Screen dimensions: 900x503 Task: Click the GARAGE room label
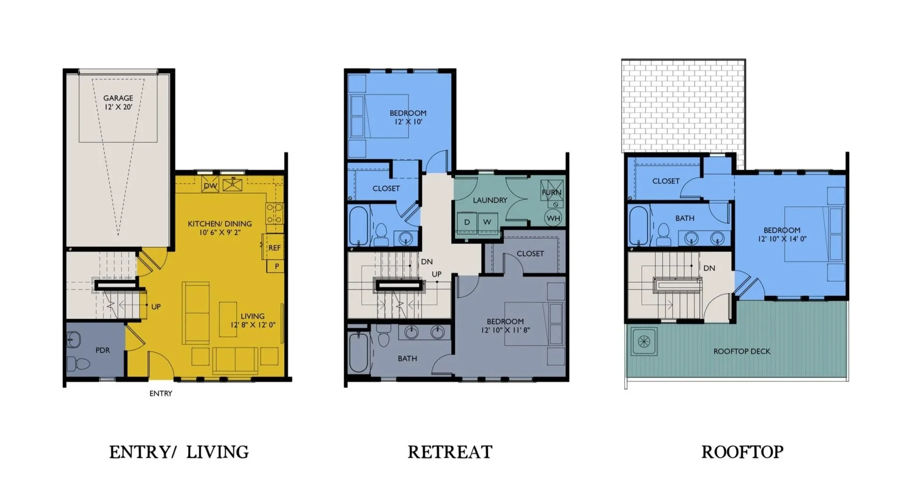[118, 98]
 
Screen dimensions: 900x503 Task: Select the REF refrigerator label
[274, 247]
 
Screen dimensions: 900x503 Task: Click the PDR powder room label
[102, 350]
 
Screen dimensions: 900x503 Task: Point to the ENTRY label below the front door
[161, 393]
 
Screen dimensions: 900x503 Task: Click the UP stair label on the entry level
[156, 306]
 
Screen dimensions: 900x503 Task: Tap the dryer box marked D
[467, 222]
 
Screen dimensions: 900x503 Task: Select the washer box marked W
[487, 222]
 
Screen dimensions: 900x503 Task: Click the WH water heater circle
[553, 218]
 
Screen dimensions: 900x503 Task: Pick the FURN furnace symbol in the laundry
[552, 193]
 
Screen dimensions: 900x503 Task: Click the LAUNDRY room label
[490, 200]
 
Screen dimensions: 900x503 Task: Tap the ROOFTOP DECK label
[742, 351]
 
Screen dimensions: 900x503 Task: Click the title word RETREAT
[450, 452]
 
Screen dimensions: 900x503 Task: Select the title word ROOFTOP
[742, 452]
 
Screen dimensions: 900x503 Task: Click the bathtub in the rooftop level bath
[639, 225]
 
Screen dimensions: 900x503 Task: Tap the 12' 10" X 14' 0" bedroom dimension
[782, 239]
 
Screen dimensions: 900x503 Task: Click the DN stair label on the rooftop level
[709, 268]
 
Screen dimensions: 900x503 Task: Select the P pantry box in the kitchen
[276, 266]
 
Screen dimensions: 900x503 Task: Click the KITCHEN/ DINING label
[220, 223]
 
